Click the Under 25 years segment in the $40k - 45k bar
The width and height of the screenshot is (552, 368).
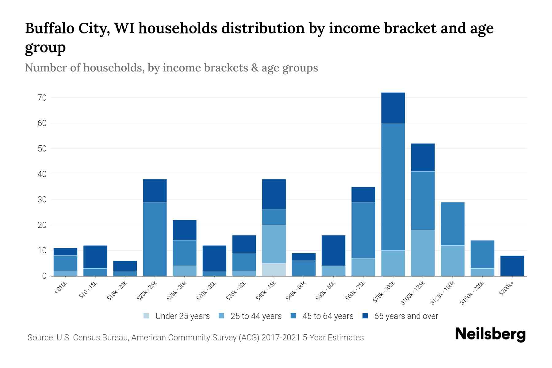click(274, 270)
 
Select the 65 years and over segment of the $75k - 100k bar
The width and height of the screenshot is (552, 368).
click(393, 108)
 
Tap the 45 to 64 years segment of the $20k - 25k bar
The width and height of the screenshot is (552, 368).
click(155, 239)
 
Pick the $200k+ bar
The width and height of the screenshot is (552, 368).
click(512, 266)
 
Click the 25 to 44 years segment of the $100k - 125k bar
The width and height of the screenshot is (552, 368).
click(423, 253)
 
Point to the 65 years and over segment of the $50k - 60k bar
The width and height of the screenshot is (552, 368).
click(333, 250)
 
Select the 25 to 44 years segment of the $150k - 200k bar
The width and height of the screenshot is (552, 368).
click(482, 272)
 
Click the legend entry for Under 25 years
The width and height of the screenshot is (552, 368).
click(177, 316)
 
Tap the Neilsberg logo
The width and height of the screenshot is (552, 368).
click(490, 334)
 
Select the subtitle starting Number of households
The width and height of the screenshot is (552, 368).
click(171, 68)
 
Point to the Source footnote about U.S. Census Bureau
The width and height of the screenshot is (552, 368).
click(196, 338)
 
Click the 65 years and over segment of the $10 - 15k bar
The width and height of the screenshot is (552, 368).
click(95, 257)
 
